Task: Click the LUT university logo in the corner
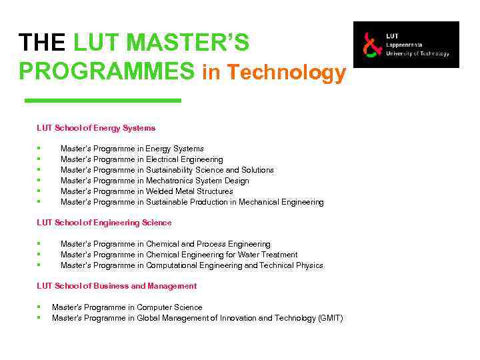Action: coord(405,45)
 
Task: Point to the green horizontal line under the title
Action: coord(103,101)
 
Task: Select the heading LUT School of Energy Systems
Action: coord(96,128)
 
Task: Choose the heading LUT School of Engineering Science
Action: coord(104,223)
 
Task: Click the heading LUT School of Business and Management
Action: coord(117,286)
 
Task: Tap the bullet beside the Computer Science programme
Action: coord(39,307)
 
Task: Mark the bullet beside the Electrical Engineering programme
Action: coord(39,159)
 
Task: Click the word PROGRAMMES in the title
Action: coord(107,71)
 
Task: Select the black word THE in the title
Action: coord(43,43)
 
